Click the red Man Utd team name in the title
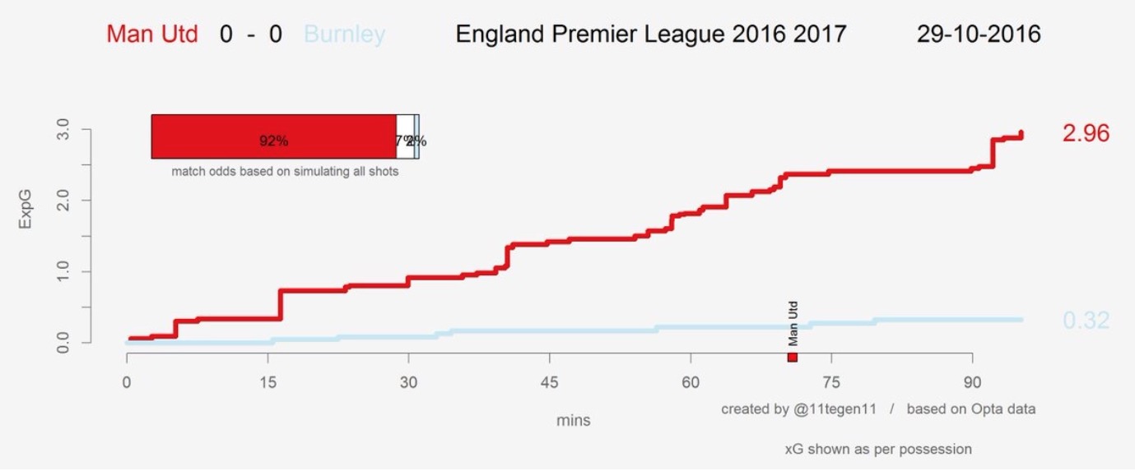pos(152,35)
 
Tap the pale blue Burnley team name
pos(344,35)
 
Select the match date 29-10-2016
pos(978,35)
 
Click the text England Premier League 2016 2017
pos(650,35)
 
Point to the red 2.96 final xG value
pos(1086,133)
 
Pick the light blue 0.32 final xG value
pos(1086,321)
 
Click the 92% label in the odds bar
pos(273,141)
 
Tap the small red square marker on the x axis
pos(793,358)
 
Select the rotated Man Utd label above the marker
pos(793,323)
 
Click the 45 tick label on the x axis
pos(550,382)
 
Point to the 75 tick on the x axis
pos(831,382)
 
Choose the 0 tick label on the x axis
pos(127,382)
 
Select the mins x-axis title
pos(573,420)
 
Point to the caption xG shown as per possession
pos(878,449)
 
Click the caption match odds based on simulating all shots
pos(285,173)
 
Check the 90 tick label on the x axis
pos(972,382)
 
